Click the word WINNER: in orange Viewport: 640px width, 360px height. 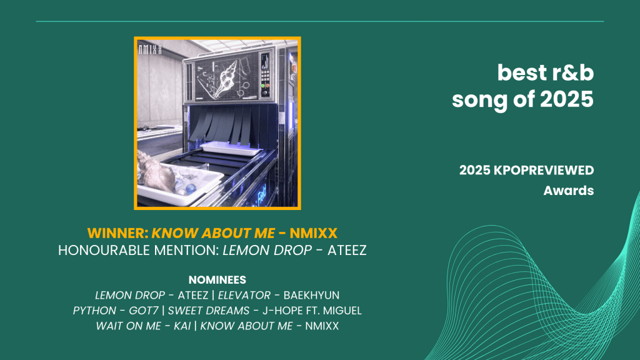tap(118, 233)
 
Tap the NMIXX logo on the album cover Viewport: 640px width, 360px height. tap(150, 50)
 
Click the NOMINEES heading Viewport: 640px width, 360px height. tap(217, 279)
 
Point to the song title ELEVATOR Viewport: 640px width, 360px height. tap(244, 295)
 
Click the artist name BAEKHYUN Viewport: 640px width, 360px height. tap(311, 295)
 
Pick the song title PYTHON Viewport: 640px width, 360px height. tap(94, 311)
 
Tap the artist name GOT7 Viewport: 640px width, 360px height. tap(144, 311)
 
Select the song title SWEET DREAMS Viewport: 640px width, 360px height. tap(209, 311)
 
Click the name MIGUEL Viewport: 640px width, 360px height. tap(342, 311)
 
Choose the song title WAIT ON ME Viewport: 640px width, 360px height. tap(128, 326)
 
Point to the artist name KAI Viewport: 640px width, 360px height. tap(182, 326)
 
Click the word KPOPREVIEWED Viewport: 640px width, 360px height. tap(544, 170)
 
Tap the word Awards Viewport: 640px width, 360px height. tap(569, 191)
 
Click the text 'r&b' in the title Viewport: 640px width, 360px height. tap(572, 72)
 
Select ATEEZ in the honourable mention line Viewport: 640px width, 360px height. tap(347, 250)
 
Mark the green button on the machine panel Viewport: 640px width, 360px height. tap(263, 86)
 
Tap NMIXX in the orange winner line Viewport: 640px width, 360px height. tap(314, 233)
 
